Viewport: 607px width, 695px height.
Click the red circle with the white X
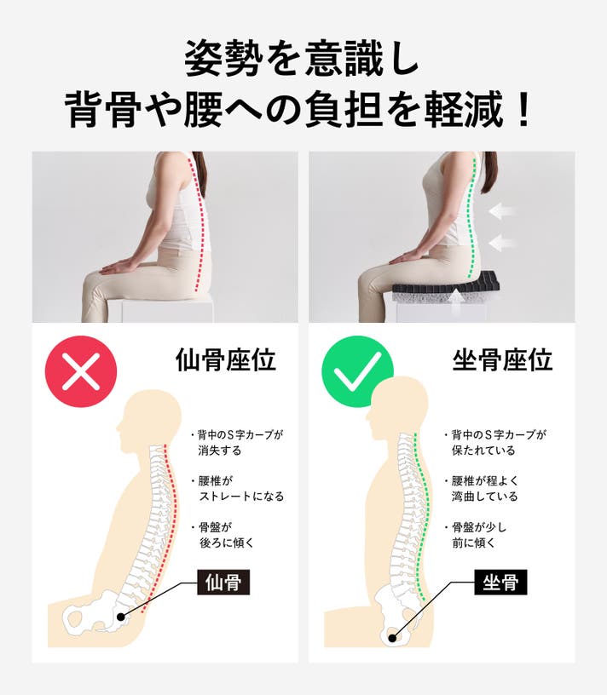click(x=81, y=371)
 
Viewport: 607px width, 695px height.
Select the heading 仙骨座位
click(x=226, y=359)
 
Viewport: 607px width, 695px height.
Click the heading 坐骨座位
click(x=502, y=359)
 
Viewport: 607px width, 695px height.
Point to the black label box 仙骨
click(x=223, y=582)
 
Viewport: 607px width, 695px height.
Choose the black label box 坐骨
click(x=501, y=582)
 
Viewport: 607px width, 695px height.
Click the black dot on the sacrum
click(x=121, y=617)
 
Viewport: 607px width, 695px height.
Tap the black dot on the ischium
click(x=392, y=638)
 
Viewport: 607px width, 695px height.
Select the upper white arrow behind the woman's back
click(x=501, y=211)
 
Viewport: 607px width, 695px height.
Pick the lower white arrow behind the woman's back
click(x=501, y=242)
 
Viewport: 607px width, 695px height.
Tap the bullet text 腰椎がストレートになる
click(x=237, y=488)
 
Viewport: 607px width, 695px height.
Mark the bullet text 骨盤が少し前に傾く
click(x=475, y=535)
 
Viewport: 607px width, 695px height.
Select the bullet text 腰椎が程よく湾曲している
click(x=481, y=488)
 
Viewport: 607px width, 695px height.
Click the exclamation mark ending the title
click(x=524, y=109)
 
